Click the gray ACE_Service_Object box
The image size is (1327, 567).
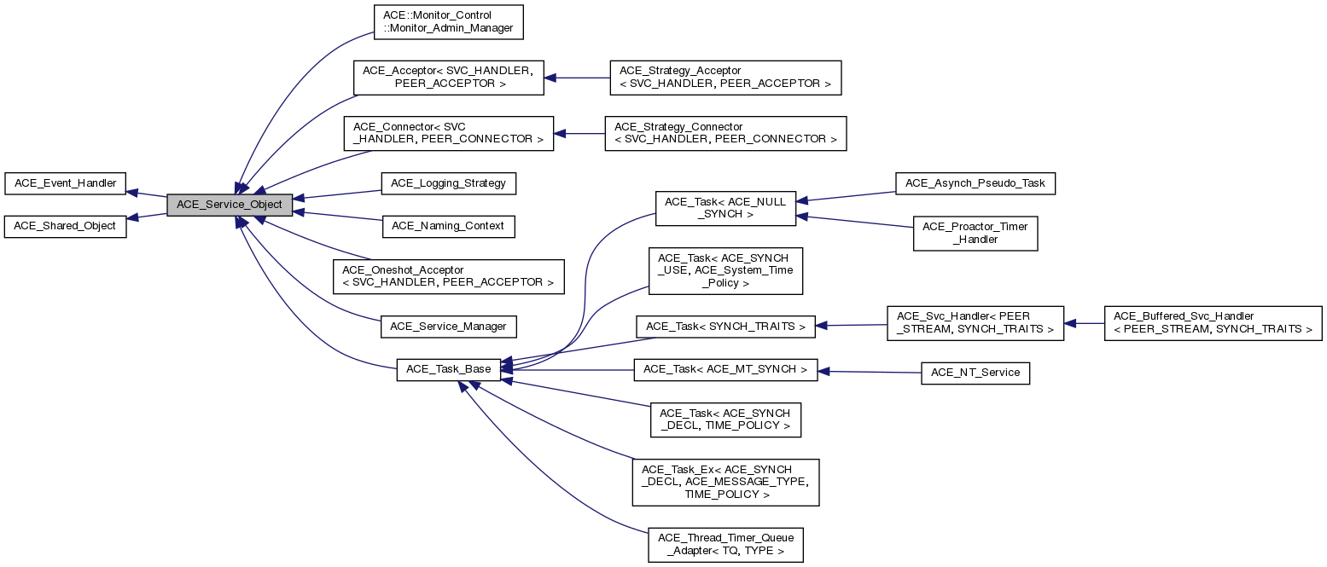pyautogui.click(x=230, y=205)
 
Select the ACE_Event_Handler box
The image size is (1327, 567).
pyautogui.click(x=66, y=182)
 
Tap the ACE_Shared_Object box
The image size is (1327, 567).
pyautogui.click(x=66, y=227)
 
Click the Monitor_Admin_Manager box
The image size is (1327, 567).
pyautogui.click(x=448, y=22)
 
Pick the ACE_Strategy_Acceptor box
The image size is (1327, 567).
pyautogui.click(x=725, y=77)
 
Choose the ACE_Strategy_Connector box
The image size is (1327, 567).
pyautogui.click(x=725, y=133)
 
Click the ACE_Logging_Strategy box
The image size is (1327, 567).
pyautogui.click(x=449, y=182)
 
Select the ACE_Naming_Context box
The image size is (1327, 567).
pyautogui.click(x=449, y=227)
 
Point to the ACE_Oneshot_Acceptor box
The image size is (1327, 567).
pyautogui.click(x=449, y=277)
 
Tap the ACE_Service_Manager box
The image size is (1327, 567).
pyautogui.click(x=449, y=327)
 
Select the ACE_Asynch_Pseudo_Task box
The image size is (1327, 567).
pyautogui.click(x=975, y=182)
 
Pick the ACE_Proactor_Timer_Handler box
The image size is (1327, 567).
pyautogui.click(x=975, y=233)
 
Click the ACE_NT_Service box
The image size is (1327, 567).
pyautogui.click(x=975, y=373)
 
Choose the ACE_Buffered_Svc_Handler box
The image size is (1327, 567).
pyautogui.click(x=1213, y=323)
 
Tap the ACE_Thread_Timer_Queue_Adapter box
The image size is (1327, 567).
pyautogui.click(x=726, y=544)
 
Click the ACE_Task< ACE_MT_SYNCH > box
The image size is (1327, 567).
pyautogui.click(x=725, y=370)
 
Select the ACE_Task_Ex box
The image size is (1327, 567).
pyautogui.click(x=725, y=482)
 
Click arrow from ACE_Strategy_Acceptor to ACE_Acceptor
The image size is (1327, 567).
pyautogui.click(x=578, y=78)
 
